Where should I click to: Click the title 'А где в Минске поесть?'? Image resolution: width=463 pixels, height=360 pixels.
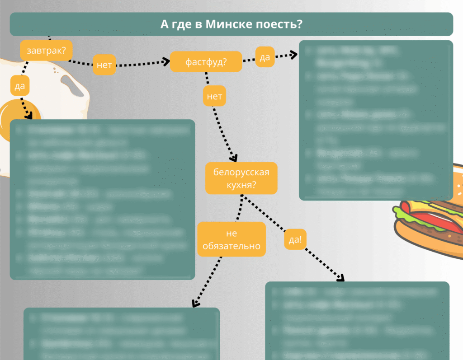pos(231,24)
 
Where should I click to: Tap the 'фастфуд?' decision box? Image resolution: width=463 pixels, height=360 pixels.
pos(206,62)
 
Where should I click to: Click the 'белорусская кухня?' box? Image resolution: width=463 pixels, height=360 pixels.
pos(241,178)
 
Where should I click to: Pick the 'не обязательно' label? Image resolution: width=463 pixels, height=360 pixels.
pos(231,239)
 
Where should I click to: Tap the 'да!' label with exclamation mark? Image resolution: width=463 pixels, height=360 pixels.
pos(295,240)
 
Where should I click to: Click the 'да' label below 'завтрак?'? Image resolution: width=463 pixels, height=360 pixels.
pos(19,86)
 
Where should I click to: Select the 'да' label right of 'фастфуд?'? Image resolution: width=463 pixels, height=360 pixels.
pos(265,57)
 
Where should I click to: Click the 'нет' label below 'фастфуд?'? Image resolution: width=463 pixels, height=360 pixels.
pos(214,96)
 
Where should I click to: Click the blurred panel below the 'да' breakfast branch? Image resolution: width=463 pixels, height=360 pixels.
pos(102,199)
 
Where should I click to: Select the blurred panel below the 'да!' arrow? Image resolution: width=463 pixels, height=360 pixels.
pos(357,321)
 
